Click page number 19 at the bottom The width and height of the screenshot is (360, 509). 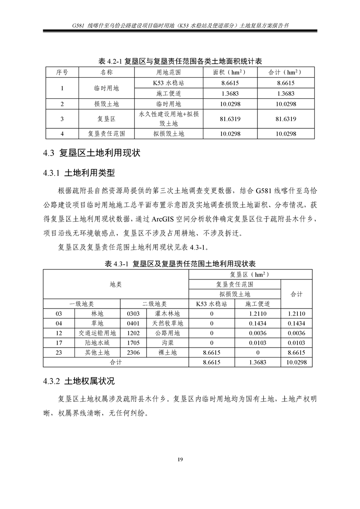(x=180, y=460)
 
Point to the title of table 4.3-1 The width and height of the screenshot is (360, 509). (x=180, y=264)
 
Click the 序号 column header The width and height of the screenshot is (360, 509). (x=62, y=72)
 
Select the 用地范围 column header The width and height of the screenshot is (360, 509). (x=168, y=72)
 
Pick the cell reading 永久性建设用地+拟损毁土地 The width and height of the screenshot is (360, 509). (x=168, y=119)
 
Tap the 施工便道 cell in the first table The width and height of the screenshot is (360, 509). (x=168, y=93)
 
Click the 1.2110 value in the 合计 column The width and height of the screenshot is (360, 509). (x=296, y=313)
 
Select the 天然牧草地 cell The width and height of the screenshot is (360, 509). (x=168, y=323)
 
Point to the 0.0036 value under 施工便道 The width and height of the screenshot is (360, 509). (x=257, y=333)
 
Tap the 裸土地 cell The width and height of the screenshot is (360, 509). (x=168, y=352)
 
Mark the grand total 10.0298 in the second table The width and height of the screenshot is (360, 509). (x=296, y=362)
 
